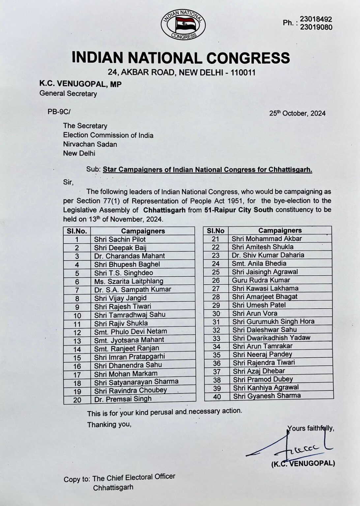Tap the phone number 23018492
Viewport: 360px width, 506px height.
click(315, 19)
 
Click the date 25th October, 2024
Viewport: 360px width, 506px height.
click(297, 113)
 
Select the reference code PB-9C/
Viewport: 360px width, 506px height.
click(59, 112)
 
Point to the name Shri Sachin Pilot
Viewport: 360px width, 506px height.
click(120, 239)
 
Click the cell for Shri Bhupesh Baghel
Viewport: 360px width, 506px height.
click(127, 264)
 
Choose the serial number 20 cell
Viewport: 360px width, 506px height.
click(77, 400)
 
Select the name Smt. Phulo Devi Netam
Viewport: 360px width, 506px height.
click(131, 331)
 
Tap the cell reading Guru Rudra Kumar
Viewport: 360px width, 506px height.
click(261, 280)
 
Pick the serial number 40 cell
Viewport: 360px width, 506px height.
click(217, 397)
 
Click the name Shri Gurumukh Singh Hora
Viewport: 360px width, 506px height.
click(273, 322)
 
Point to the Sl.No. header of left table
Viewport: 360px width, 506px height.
click(77, 231)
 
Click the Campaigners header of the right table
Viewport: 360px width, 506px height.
click(280, 230)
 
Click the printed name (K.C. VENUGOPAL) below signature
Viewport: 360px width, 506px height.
click(303, 464)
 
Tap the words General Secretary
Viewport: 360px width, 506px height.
click(68, 94)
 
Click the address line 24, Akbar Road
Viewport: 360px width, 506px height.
click(182, 72)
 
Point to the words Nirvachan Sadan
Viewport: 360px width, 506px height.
click(90, 144)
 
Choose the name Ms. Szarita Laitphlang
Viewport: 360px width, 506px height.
click(129, 281)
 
